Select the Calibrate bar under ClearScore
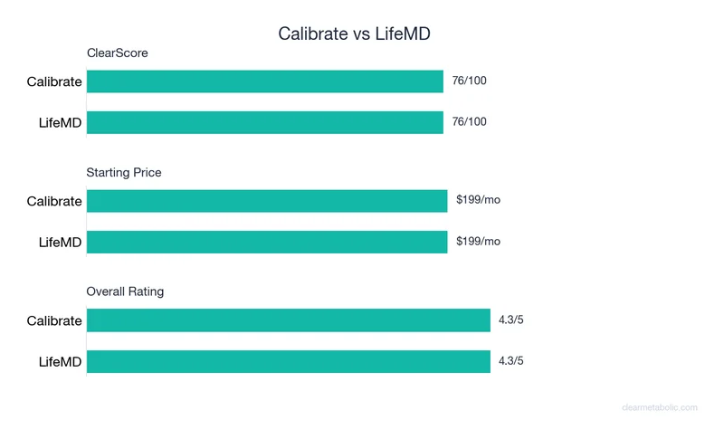(x=265, y=81)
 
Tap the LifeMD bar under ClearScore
(x=265, y=122)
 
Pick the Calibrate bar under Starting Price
(x=267, y=201)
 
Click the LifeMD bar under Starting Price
(x=267, y=242)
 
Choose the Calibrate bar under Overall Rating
(x=288, y=320)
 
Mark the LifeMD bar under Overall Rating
(x=288, y=361)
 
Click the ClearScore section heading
(x=117, y=53)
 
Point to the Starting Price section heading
(x=124, y=172)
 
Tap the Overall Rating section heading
(x=125, y=291)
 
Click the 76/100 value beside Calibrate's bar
(x=469, y=81)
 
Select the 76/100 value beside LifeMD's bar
(x=469, y=122)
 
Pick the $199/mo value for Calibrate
(x=478, y=201)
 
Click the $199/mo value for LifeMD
(x=478, y=242)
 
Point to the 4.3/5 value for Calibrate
(x=511, y=320)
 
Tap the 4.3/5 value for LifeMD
(x=511, y=361)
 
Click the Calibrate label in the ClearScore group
(x=54, y=82)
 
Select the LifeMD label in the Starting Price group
(x=61, y=243)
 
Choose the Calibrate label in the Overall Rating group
(x=54, y=321)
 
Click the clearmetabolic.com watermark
(x=660, y=408)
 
